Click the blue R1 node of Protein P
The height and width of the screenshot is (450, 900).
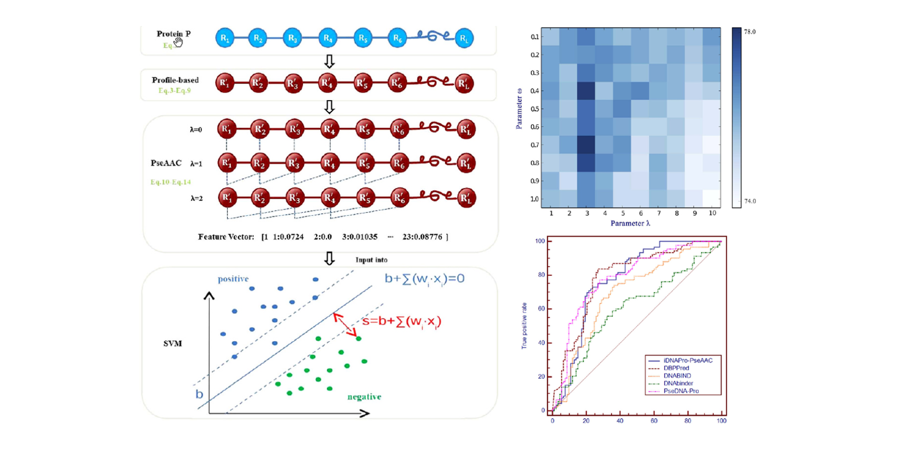tap(224, 39)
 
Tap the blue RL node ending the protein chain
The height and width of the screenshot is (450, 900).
tap(464, 39)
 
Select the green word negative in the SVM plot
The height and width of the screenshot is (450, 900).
tap(364, 397)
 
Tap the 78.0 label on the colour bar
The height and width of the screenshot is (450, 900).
tap(756, 32)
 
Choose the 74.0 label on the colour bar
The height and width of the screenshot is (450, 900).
tap(756, 201)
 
